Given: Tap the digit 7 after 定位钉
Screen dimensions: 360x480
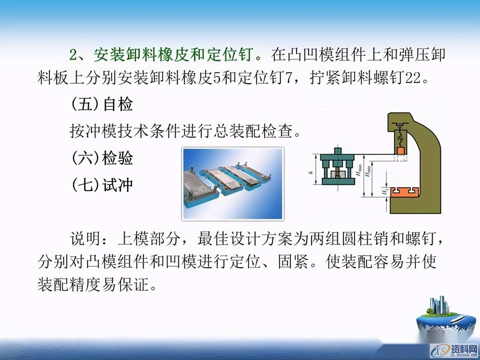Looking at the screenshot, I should [x=288, y=78].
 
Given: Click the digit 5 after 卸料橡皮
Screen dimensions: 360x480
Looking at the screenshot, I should [x=216, y=78].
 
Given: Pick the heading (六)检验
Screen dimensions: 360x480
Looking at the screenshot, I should [x=102, y=158].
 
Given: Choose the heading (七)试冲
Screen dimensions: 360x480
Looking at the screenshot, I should [x=102, y=185].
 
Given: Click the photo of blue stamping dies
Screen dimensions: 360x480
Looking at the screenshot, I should [x=232, y=184].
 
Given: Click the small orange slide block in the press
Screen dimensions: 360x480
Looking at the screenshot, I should [x=400, y=150].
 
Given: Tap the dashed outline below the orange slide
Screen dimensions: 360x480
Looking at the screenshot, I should [x=400, y=158].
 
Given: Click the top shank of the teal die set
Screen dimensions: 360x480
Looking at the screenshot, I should [x=338, y=150].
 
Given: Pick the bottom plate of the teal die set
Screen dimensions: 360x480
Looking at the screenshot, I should [x=338, y=182].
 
